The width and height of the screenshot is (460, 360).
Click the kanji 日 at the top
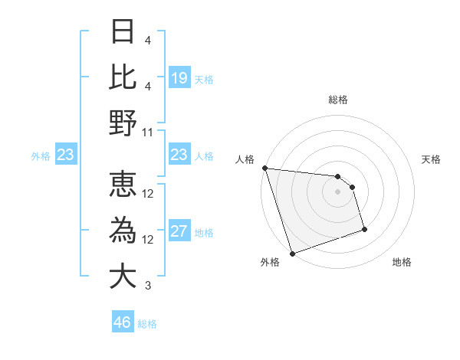click(123, 32)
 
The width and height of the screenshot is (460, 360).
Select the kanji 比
click(123, 77)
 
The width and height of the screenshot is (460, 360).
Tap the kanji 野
click(123, 122)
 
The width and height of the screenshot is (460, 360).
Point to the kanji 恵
click(123, 185)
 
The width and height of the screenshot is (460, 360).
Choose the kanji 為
click(123, 230)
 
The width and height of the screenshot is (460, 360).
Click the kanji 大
click(123, 275)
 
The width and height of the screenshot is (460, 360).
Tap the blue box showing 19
click(179, 77)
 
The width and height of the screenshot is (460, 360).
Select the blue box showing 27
click(179, 231)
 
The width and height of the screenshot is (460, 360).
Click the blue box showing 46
click(123, 322)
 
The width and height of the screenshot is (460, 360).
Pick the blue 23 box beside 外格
click(66, 155)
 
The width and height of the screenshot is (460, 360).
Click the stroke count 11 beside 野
click(148, 132)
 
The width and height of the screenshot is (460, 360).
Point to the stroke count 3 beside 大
click(148, 286)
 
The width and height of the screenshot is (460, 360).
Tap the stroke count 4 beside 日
click(148, 40)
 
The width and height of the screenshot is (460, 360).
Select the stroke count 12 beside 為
click(148, 240)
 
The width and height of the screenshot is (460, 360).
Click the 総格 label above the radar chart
click(337, 100)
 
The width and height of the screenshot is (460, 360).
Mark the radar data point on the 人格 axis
click(264, 168)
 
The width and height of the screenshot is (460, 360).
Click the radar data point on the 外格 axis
click(292, 254)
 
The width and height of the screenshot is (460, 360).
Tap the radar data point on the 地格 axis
click(364, 229)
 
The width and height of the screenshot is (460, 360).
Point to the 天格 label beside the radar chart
click(432, 159)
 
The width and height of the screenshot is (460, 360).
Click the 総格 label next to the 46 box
click(147, 324)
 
